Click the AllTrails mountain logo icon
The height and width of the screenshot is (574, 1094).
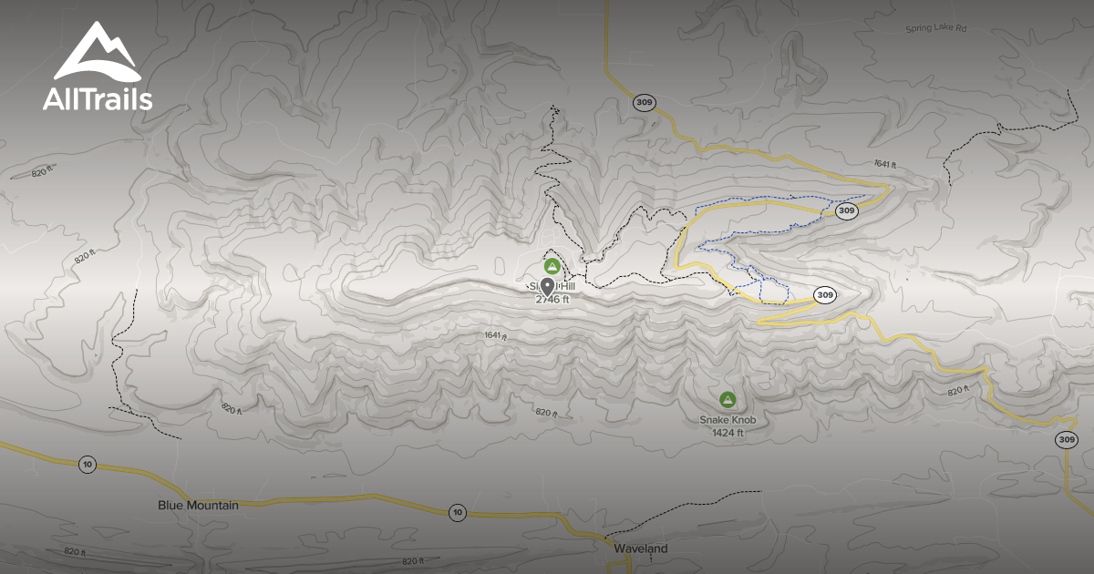(97, 52)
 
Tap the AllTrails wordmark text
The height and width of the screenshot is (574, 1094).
(97, 99)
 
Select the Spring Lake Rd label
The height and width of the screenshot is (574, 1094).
(935, 29)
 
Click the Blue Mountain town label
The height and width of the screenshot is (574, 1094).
(198, 505)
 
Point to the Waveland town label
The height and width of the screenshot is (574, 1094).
(640, 548)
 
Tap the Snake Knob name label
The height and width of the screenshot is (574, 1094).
(728, 420)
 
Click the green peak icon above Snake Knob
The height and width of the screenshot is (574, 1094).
(728, 399)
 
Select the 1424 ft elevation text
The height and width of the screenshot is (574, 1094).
(728, 433)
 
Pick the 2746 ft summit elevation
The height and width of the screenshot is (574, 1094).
(552, 299)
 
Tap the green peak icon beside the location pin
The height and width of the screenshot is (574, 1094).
(552, 266)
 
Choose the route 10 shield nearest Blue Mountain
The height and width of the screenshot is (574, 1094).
(87, 464)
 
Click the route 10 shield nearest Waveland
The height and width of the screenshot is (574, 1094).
(457, 513)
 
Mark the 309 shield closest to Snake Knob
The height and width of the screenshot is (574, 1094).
(824, 295)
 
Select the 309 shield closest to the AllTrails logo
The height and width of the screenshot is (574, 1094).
(645, 103)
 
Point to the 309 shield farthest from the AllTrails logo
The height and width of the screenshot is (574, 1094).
(1067, 440)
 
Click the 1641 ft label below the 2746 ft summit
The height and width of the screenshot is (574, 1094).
(494, 336)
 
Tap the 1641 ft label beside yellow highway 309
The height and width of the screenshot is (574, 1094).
(884, 164)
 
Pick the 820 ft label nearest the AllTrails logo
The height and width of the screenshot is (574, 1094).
(43, 171)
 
